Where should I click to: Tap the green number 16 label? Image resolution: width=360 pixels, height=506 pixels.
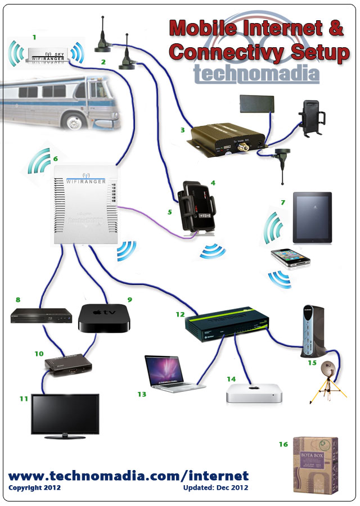coord(283,444)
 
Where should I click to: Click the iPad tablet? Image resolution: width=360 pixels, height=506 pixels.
coord(312,218)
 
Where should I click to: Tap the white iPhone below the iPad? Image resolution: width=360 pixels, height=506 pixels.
coord(290,259)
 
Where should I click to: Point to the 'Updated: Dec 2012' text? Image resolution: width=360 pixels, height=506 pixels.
coord(215,488)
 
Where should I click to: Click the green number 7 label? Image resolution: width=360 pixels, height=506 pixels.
coord(283,201)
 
